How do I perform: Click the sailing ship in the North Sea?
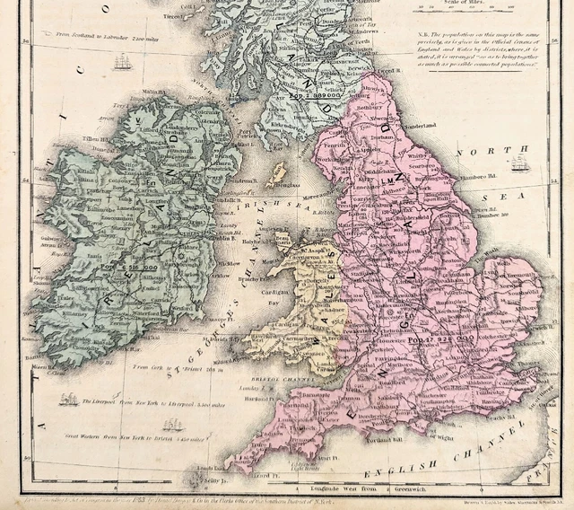519,163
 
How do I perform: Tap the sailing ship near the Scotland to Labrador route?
123,62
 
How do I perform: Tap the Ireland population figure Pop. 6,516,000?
130,267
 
